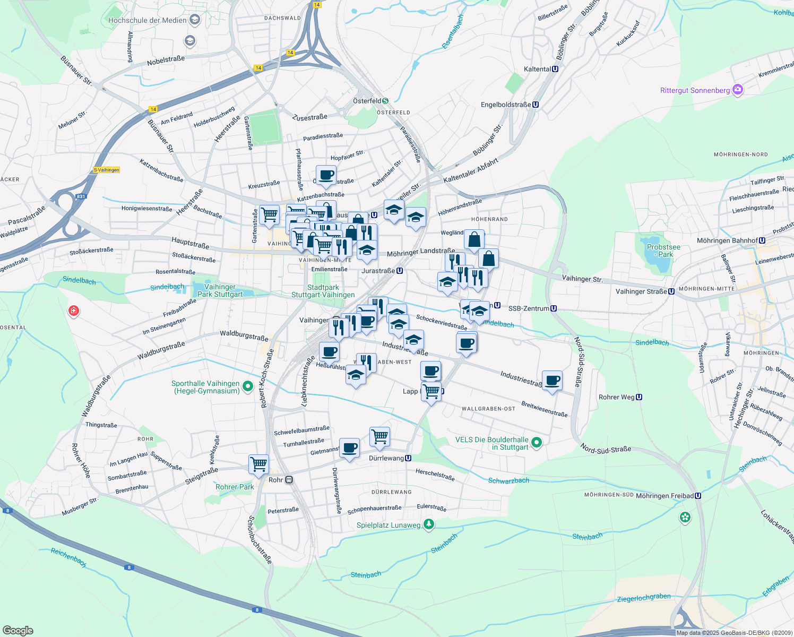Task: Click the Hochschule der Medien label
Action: click(x=148, y=20)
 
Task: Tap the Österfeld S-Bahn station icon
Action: click(x=385, y=101)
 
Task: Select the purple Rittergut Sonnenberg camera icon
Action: click(x=738, y=90)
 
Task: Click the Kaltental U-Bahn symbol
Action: click(x=555, y=69)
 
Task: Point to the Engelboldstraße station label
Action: click(x=506, y=105)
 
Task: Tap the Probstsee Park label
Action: click(x=663, y=251)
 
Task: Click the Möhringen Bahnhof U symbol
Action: click(x=762, y=240)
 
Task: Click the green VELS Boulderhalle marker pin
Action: click(x=537, y=442)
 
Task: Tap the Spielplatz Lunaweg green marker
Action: click(x=429, y=524)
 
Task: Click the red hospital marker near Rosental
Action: click(x=74, y=311)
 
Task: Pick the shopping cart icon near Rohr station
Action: click(x=259, y=464)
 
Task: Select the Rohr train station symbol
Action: click(x=289, y=480)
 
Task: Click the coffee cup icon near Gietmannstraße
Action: click(x=349, y=448)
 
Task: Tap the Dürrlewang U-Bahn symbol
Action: click(x=408, y=458)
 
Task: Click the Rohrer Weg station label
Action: click(x=616, y=397)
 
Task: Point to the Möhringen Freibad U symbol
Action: click(x=698, y=496)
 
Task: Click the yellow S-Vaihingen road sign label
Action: click(x=107, y=170)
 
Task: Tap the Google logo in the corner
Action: click(x=18, y=630)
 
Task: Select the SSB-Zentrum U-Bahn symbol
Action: click(x=554, y=308)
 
